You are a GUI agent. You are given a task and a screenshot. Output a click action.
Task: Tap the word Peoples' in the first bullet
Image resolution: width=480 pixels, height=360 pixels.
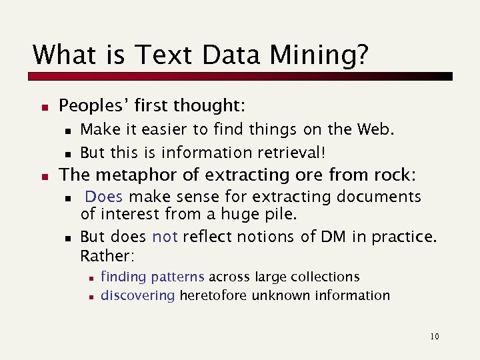[x=93, y=105]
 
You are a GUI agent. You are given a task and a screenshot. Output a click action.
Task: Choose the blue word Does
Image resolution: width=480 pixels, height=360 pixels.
[x=104, y=197]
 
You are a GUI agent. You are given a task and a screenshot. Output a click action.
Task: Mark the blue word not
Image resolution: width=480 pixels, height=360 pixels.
[x=165, y=237]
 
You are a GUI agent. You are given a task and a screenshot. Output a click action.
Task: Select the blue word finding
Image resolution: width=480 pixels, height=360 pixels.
[x=123, y=277]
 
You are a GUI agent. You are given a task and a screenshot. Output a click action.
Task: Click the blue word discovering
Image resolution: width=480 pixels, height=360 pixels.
[x=138, y=295]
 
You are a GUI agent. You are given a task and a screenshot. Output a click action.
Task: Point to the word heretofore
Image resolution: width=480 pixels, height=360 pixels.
[x=213, y=295]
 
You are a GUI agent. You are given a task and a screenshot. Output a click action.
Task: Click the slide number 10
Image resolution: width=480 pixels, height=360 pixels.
[x=435, y=337]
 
